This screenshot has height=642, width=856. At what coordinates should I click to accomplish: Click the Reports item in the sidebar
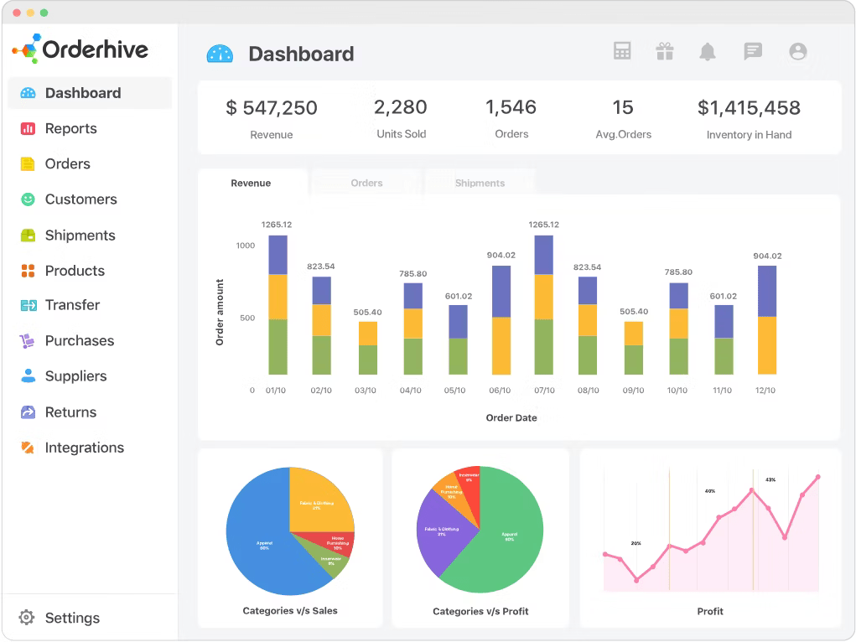pyautogui.click(x=70, y=128)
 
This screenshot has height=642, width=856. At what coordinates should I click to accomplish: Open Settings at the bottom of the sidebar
pyautogui.click(x=71, y=618)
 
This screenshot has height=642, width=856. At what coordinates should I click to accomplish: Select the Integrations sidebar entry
pyautogui.click(x=84, y=448)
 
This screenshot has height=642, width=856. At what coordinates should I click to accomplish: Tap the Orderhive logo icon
pyautogui.click(x=25, y=49)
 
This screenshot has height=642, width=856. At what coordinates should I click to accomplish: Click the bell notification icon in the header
pyautogui.click(x=708, y=52)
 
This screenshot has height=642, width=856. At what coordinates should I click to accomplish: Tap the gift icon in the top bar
pyautogui.click(x=665, y=52)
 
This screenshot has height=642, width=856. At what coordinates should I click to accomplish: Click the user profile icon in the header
pyautogui.click(x=798, y=52)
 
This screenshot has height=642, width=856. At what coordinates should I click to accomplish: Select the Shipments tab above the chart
pyautogui.click(x=480, y=183)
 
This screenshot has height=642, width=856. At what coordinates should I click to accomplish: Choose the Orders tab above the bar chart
pyautogui.click(x=366, y=183)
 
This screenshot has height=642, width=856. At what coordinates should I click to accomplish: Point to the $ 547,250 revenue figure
pyautogui.click(x=272, y=107)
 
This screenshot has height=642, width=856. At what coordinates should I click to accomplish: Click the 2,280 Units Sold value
pyautogui.click(x=401, y=107)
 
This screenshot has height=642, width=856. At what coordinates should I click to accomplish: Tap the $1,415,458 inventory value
pyautogui.click(x=749, y=107)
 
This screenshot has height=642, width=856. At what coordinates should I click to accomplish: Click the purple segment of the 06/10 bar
pyautogui.click(x=501, y=291)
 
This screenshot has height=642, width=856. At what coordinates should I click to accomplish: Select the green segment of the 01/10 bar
pyautogui.click(x=278, y=346)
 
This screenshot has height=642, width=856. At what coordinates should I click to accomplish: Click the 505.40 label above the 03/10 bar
pyautogui.click(x=367, y=312)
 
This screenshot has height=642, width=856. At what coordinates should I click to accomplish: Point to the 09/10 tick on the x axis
pyautogui.click(x=634, y=391)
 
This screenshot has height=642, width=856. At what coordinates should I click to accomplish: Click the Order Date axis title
pyautogui.click(x=511, y=417)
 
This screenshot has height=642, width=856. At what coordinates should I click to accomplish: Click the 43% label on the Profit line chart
pyautogui.click(x=770, y=479)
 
